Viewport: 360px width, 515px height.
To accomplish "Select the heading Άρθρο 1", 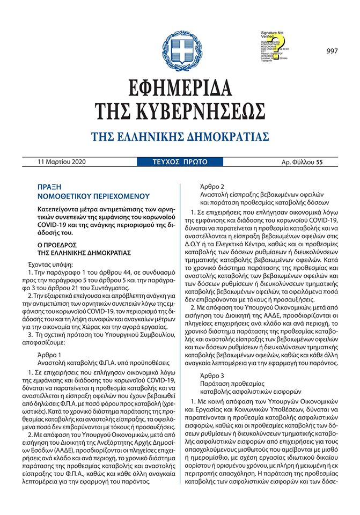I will point(51,355).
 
